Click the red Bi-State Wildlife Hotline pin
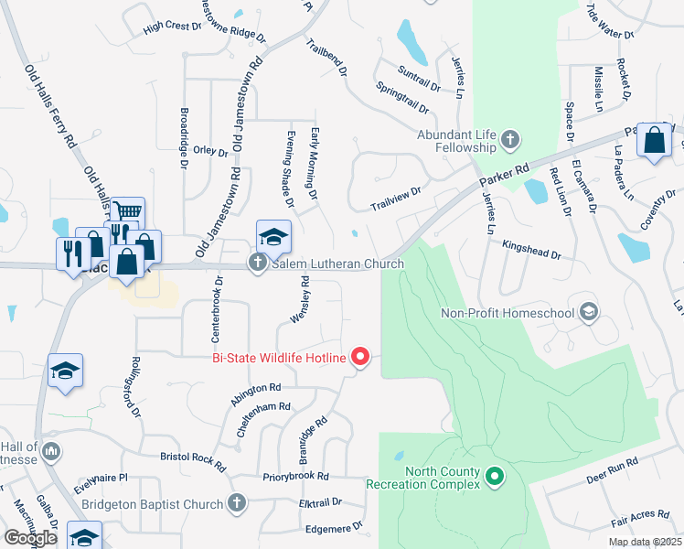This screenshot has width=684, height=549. (360, 357)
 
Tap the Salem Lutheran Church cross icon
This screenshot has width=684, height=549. (258, 264)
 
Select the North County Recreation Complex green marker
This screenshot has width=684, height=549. (495, 477)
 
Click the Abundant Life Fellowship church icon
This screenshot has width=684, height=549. (510, 141)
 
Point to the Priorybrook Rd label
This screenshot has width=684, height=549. (294, 477)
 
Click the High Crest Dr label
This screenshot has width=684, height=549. (172, 27)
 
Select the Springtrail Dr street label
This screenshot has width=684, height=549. (402, 98)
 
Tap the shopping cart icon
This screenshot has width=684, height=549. (129, 211)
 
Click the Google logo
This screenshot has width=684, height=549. (30, 538)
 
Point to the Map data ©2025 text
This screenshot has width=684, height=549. (647, 542)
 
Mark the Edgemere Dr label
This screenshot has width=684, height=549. (333, 527)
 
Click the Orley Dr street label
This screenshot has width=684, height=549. (209, 153)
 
